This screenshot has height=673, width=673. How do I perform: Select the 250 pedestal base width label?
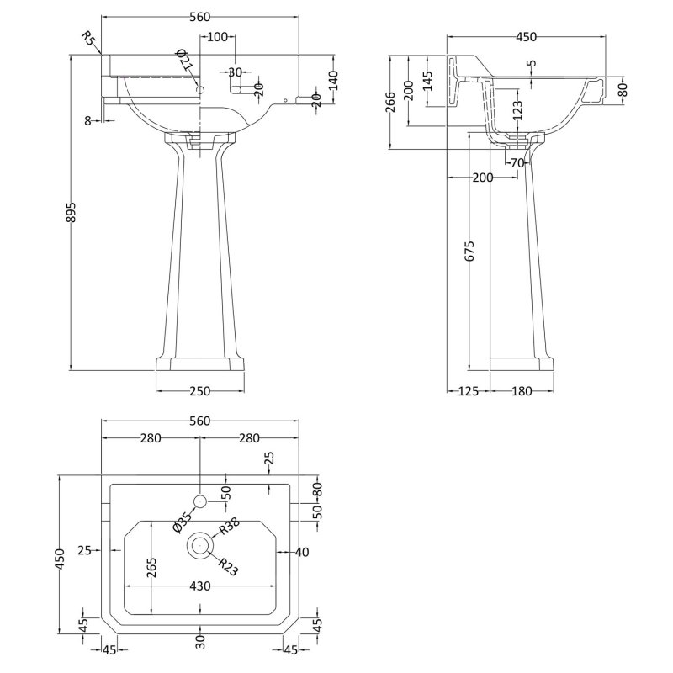200,390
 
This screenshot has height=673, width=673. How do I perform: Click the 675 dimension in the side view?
471,252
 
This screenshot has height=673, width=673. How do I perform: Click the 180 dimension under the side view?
522,390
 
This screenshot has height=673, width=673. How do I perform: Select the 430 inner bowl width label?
199,586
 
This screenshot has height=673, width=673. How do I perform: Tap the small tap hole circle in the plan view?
200,502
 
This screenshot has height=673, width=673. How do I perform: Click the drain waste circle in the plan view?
200,545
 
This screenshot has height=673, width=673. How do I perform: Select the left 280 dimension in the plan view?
151,437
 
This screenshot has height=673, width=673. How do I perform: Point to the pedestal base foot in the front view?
200,363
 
